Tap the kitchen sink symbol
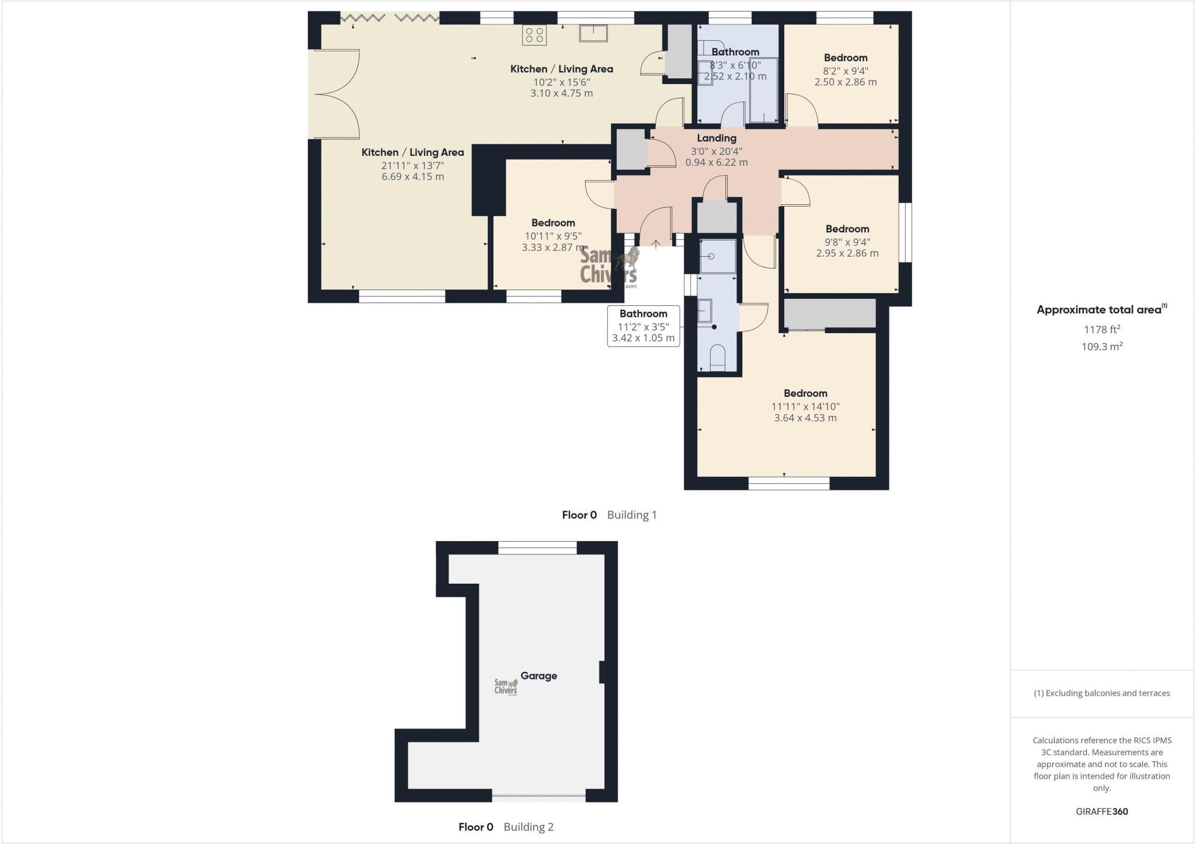(593, 33)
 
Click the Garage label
(538, 676)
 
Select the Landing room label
(716, 138)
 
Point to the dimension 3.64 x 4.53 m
(805, 418)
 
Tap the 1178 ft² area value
(1102, 329)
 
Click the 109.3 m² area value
(1102, 346)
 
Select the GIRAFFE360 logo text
(1101, 811)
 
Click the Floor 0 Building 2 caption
(506, 827)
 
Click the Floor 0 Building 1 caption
(609, 515)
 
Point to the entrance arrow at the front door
(656, 244)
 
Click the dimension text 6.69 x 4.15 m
(412, 176)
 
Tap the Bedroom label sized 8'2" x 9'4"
(845, 58)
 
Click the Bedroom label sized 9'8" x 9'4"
(847, 229)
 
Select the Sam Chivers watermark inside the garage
(506, 687)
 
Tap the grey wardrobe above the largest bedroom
(829, 313)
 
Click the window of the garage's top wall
(537, 547)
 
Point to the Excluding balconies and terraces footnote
(1101, 693)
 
